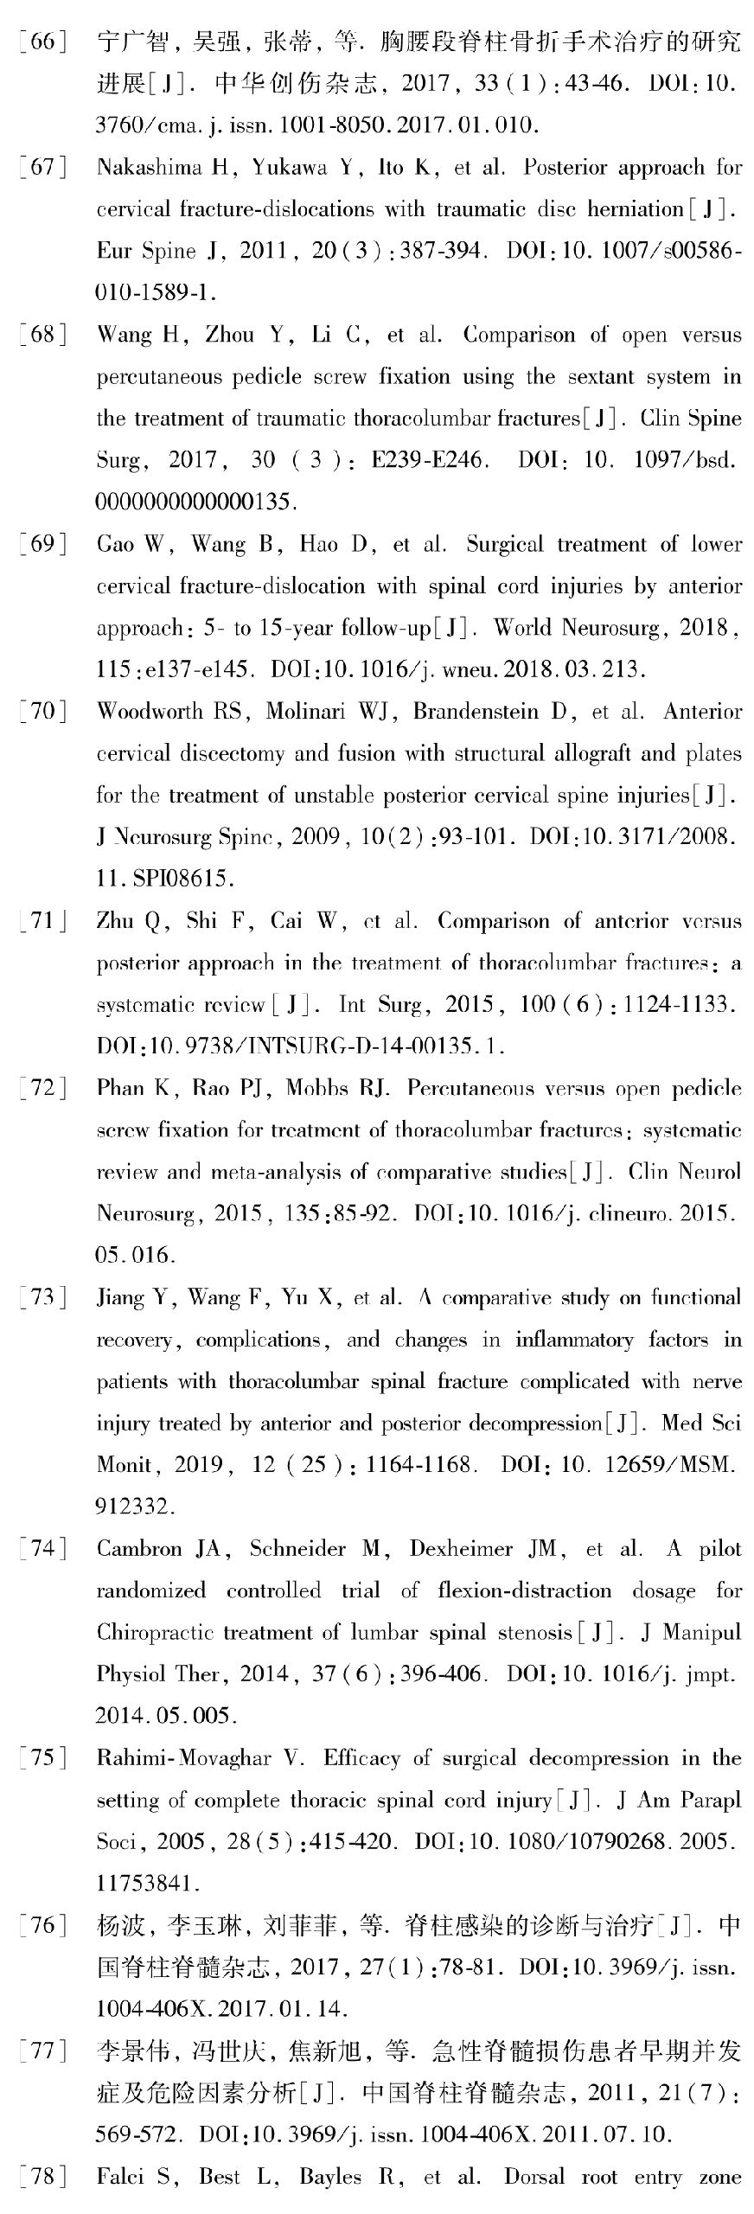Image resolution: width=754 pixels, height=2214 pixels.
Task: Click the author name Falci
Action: point(117,2177)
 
